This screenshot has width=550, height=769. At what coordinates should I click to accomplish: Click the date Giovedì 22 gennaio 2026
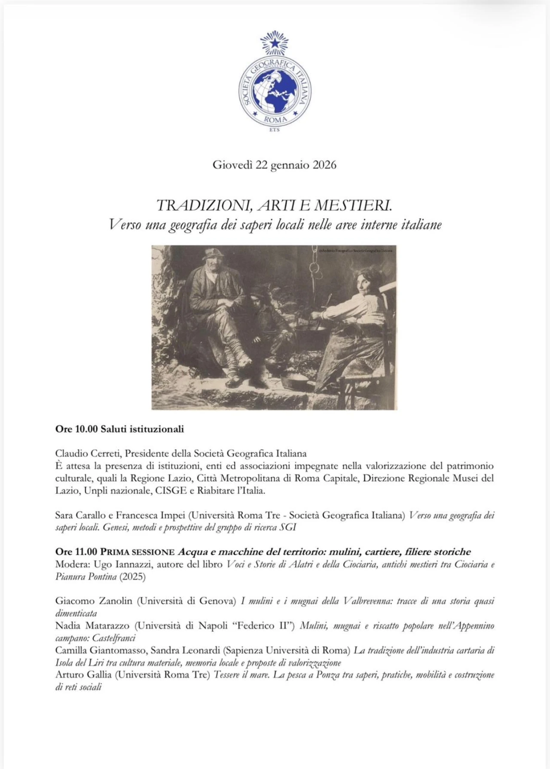274,165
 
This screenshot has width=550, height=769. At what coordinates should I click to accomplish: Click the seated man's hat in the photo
212,254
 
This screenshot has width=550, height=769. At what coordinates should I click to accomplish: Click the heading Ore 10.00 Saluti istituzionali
119,429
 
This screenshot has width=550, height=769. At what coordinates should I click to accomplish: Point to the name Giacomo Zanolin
94,601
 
